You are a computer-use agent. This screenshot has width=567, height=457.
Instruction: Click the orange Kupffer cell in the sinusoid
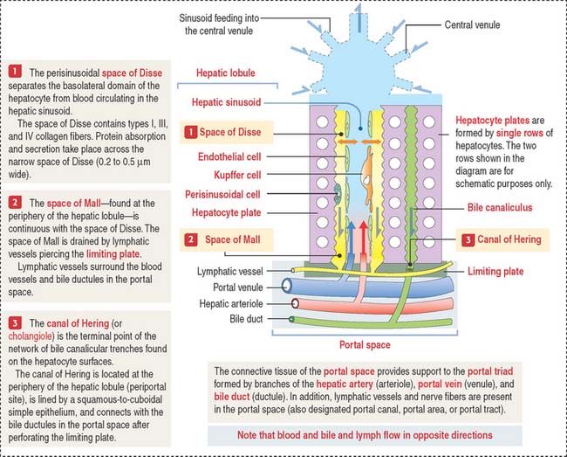(x=368, y=177)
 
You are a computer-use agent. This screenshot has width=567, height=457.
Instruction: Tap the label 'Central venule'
(x=472, y=25)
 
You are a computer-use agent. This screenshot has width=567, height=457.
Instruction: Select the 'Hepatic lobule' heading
(x=225, y=73)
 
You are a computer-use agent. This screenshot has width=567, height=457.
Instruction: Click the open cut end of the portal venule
(x=287, y=286)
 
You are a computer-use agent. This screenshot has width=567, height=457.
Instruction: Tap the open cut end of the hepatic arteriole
(x=295, y=303)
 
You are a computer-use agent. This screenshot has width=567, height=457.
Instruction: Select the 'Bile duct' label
(x=246, y=319)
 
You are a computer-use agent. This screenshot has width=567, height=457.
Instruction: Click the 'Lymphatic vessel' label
(x=230, y=271)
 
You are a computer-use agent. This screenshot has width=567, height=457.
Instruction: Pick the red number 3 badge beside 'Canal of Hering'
(x=468, y=239)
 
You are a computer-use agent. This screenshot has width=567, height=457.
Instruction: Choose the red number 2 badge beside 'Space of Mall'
(x=191, y=239)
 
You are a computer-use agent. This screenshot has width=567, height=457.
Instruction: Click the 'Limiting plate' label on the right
(x=495, y=271)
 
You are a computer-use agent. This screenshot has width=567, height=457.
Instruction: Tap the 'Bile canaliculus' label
(x=500, y=207)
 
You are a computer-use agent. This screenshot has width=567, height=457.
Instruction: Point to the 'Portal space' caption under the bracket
(x=365, y=345)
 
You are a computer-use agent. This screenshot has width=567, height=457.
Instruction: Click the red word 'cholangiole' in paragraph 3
(x=30, y=336)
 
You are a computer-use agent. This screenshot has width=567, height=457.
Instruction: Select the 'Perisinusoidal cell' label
(x=222, y=195)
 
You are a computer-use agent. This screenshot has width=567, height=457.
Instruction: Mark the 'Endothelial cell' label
(x=229, y=156)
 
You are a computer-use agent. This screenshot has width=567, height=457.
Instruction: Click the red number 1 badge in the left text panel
(x=15, y=71)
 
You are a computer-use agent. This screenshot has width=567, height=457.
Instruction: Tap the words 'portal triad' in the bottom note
(x=490, y=371)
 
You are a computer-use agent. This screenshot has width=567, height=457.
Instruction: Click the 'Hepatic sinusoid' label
(x=226, y=102)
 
